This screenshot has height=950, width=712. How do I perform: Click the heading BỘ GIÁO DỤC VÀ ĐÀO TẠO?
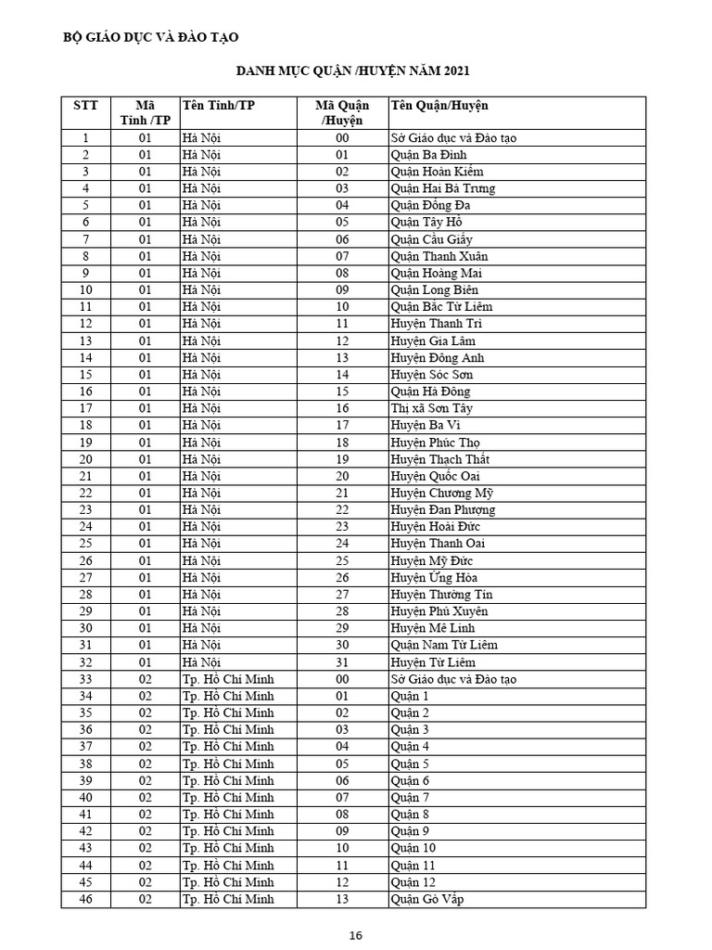(150, 37)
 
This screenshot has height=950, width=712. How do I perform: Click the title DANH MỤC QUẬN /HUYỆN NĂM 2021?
(353, 71)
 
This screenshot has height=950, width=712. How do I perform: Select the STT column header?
(85, 105)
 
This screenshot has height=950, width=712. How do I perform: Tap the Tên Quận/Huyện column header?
(439, 105)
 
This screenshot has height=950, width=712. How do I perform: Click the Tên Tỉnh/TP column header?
(218, 105)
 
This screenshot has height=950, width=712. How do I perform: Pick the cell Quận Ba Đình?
(428, 155)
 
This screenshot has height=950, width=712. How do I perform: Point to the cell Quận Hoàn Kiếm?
(437, 172)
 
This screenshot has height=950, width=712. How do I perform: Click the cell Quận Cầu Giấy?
(432, 239)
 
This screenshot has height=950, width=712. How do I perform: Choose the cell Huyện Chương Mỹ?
(441, 493)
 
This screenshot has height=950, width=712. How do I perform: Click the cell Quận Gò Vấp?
(427, 899)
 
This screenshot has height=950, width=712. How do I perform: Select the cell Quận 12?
(413, 882)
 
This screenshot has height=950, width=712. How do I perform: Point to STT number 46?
(85, 899)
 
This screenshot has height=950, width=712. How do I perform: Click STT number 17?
(85, 408)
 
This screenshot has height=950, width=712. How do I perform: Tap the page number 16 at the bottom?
(356, 935)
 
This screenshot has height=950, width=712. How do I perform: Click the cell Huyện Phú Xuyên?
(439, 611)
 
